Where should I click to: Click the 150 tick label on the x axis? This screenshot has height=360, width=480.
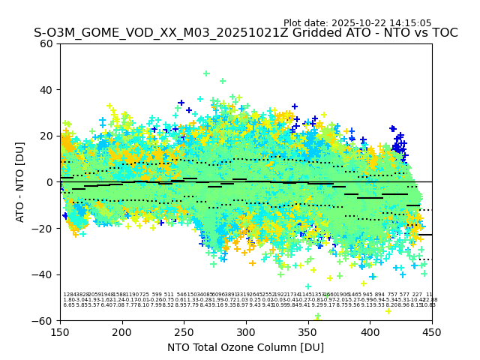(60, 331)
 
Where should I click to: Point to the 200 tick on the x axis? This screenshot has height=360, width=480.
(122, 331)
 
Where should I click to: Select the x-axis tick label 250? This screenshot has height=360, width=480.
(184, 331)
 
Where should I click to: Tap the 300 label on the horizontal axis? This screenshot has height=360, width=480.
(246, 331)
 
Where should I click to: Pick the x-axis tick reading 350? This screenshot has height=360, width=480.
(308, 331)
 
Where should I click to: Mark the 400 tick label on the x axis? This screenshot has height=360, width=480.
(370, 331)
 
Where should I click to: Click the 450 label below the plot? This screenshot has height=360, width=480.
(432, 331)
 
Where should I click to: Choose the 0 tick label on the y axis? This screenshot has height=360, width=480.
(50, 182)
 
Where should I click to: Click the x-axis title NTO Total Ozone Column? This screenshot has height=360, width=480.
(245, 347)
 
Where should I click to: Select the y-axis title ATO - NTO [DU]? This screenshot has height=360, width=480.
(20, 182)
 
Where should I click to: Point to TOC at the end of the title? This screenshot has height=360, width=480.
(443, 33)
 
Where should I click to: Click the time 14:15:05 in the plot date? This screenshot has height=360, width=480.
(409, 23)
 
